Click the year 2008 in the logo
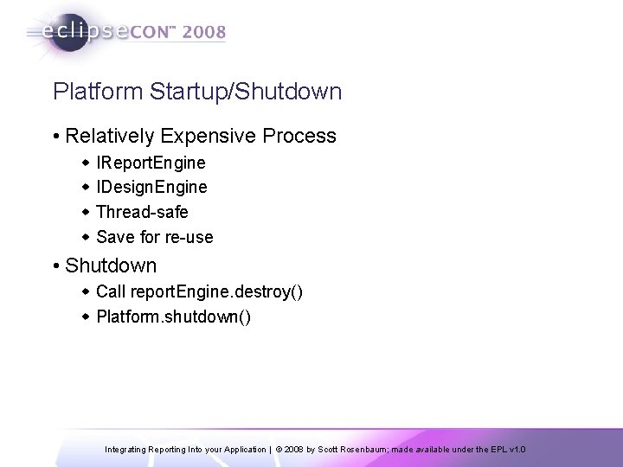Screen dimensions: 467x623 tap(202, 33)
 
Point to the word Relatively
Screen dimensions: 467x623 tap(107, 137)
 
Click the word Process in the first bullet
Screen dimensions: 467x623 tap(296, 137)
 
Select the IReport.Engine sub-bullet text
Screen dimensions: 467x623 tap(151, 163)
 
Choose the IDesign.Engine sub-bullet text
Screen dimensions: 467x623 tap(151, 188)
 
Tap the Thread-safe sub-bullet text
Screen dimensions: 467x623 tap(142, 212)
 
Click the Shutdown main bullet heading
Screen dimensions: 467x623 tap(111, 265)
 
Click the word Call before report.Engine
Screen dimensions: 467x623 tap(111, 291)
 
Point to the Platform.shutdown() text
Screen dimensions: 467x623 tap(174, 317)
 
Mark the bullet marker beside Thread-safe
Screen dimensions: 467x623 tap(86, 213)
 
